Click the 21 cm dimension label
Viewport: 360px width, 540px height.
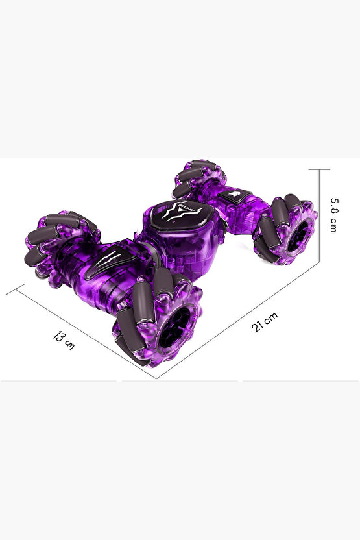pyautogui.click(x=265, y=323)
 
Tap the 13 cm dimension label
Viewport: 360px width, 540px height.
pyautogui.click(x=64, y=339)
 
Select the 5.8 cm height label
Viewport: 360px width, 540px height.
pyautogui.click(x=333, y=215)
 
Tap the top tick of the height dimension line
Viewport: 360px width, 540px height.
pyautogui.click(x=320, y=169)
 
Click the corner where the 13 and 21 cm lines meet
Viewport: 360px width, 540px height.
pyautogui.click(x=156, y=379)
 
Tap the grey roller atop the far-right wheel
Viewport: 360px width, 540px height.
pyautogui.click(x=281, y=210)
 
